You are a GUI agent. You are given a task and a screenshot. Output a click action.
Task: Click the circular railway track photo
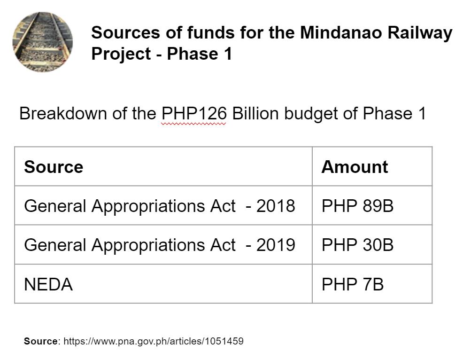click(43, 42)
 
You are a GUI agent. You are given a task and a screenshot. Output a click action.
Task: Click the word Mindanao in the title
click(341, 32)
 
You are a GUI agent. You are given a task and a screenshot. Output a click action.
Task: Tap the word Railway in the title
click(420, 33)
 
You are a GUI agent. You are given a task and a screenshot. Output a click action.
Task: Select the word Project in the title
click(121, 54)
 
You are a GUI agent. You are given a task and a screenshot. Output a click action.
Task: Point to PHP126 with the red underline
click(194, 113)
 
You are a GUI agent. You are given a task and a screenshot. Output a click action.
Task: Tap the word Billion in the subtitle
click(255, 113)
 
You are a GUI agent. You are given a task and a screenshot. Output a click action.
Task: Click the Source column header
click(54, 167)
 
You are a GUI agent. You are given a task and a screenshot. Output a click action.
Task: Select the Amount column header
click(355, 167)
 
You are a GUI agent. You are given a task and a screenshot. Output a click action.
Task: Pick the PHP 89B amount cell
click(357, 206)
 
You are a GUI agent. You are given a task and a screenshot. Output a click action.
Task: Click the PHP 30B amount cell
click(357, 245)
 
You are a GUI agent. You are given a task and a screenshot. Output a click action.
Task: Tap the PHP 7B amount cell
click(353, 284)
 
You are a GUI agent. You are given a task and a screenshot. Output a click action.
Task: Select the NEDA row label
click(48, 284)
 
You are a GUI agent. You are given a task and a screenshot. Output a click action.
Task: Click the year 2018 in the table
click(276, 206)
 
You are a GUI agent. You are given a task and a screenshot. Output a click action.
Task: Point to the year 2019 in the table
click(276, 245)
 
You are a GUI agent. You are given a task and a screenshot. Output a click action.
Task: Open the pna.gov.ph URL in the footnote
click(154, 341)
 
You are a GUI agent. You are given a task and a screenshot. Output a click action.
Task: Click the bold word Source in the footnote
click(41, 341)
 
